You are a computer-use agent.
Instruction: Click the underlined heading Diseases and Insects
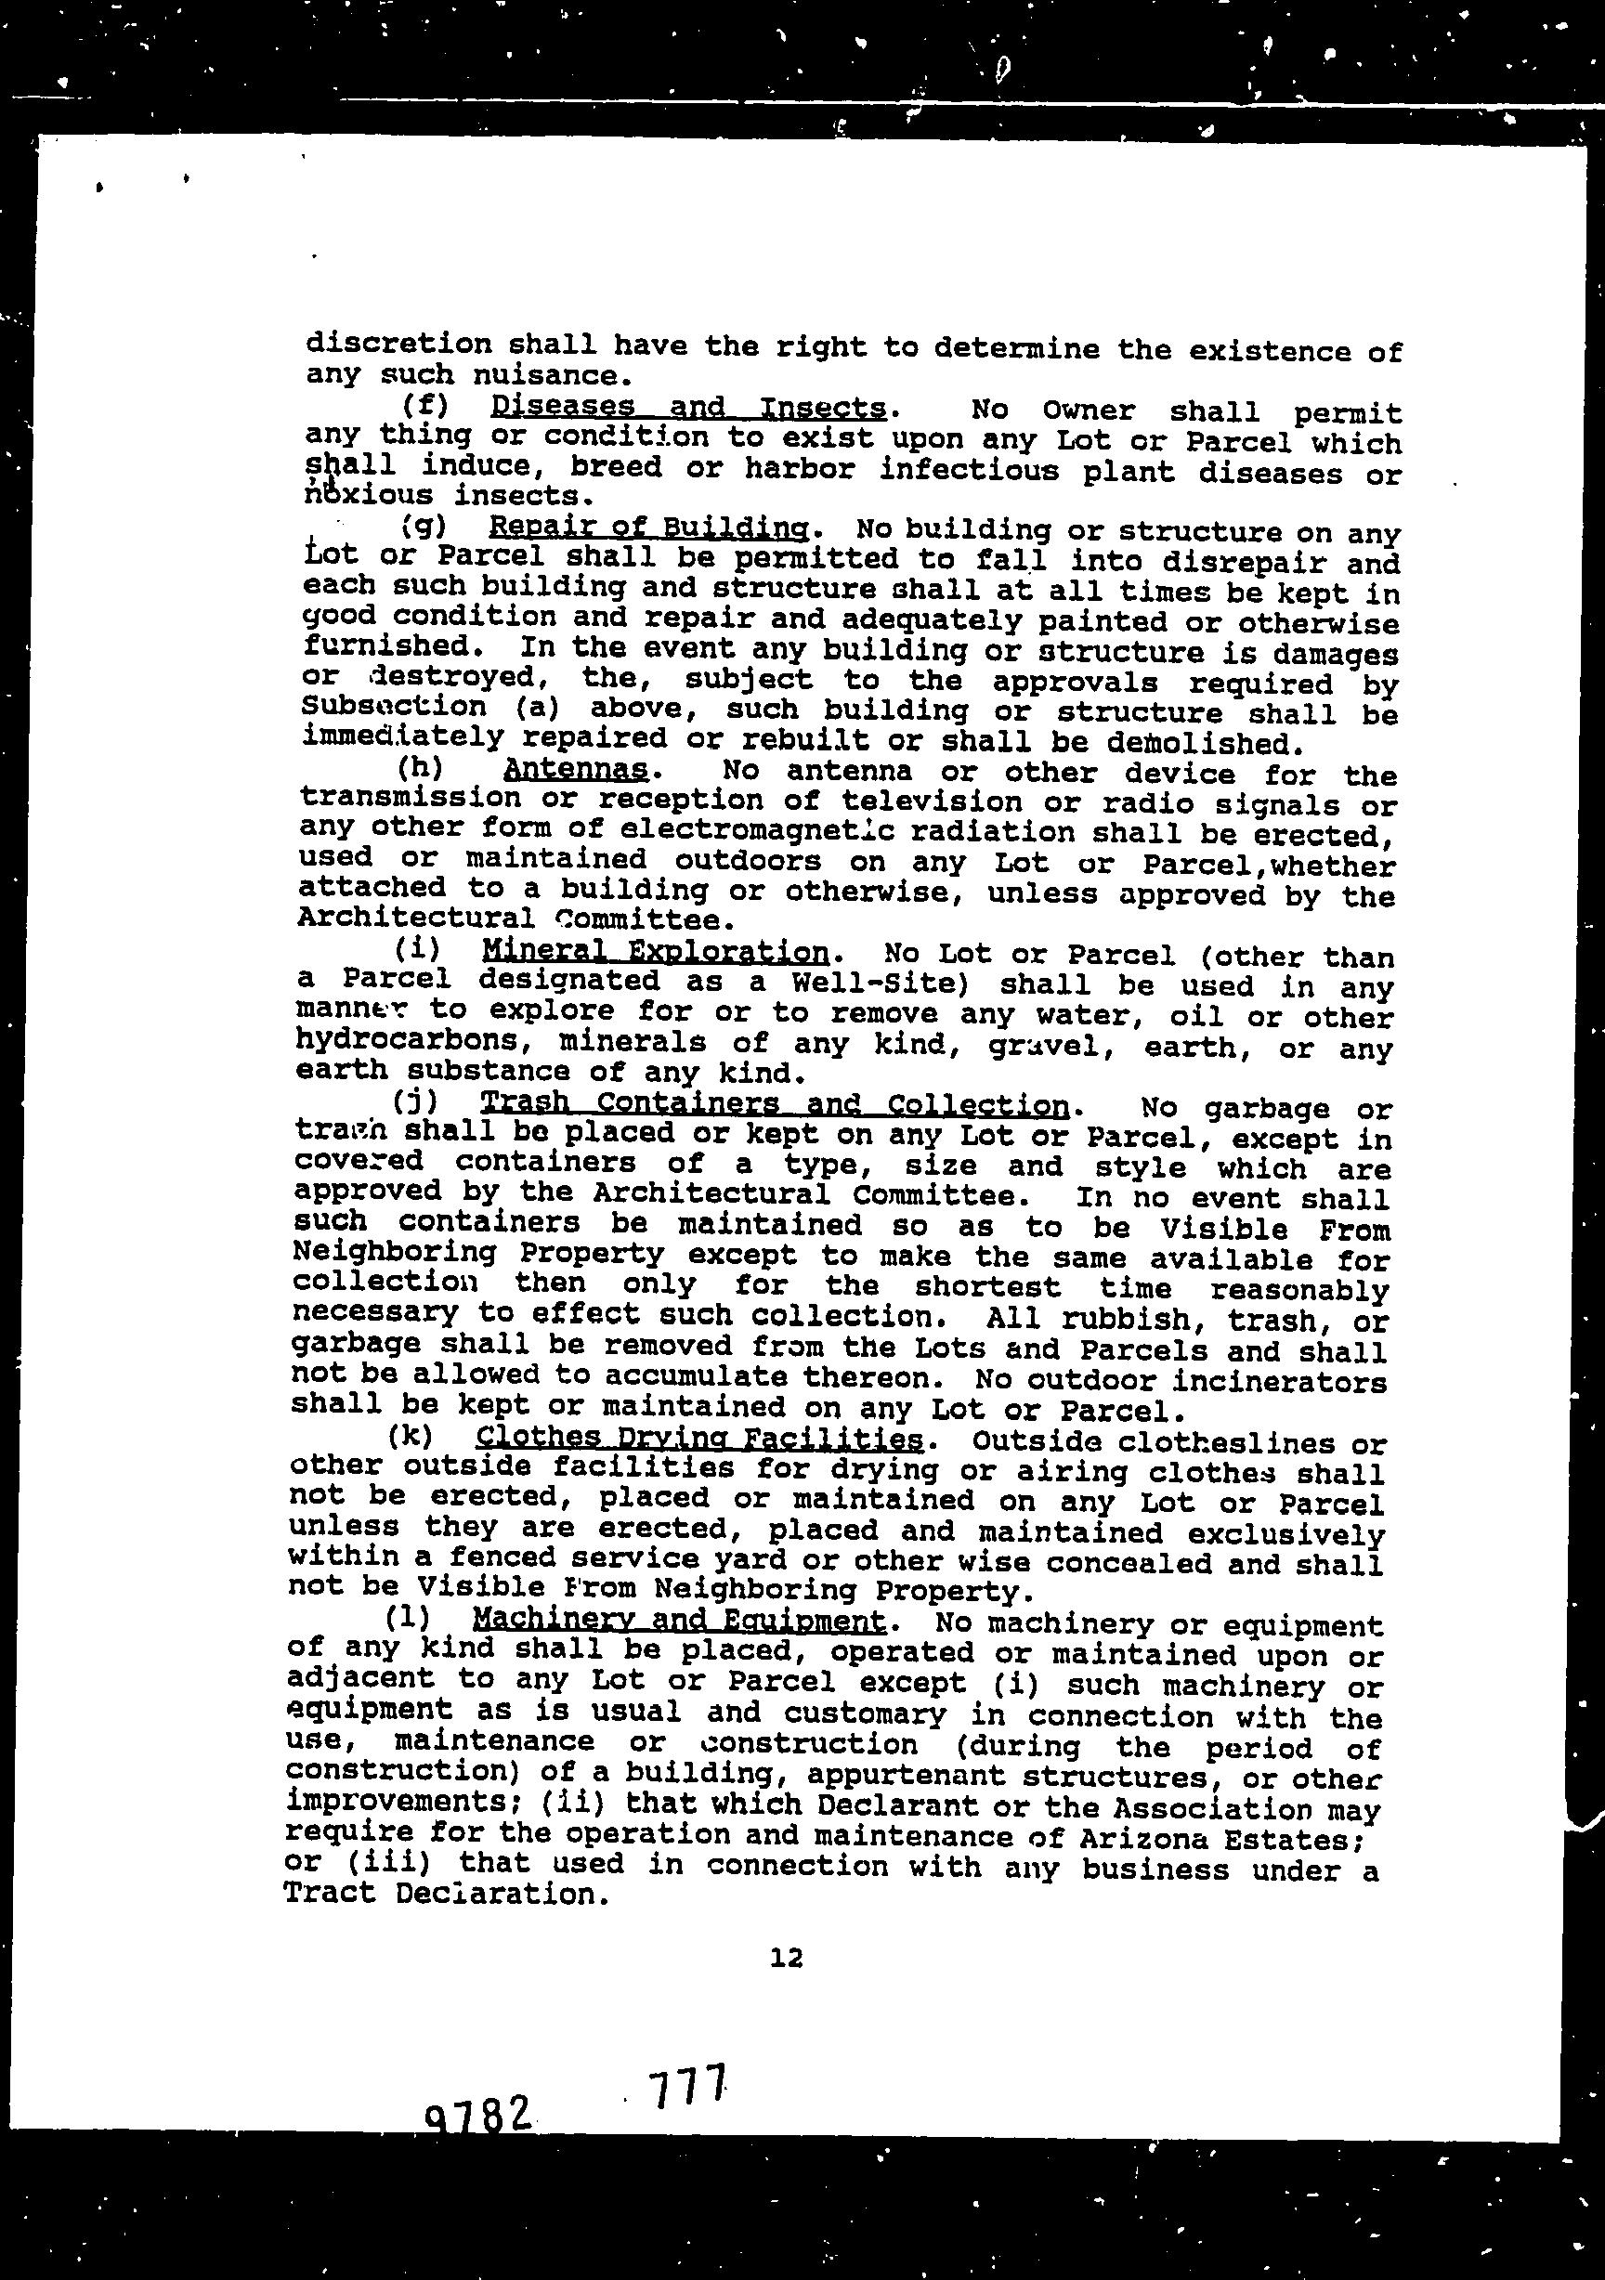click(x=688, y=407)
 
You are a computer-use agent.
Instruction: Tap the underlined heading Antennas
click(x=576, y=769)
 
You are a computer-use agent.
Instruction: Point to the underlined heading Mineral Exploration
click(x=656, y=951)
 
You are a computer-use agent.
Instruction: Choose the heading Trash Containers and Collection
click(x=774, y=1103)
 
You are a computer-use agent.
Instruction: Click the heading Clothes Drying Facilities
click(x=699, y=1437)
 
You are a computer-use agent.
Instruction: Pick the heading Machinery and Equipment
click(x=678, y=1620)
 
